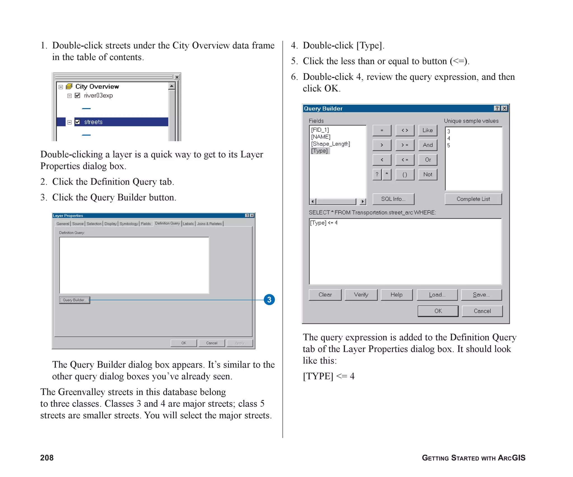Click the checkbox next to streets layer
[78, 122]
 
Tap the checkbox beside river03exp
[78, 96]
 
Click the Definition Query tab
[167, 223]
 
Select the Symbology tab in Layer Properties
[129, 224]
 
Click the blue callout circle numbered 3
[269, 300]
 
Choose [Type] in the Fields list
[319, 151]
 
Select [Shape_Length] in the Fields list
[330, 144]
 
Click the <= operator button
[405, 160]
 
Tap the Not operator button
[428, 175]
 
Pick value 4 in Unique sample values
[449, 138]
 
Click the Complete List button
[473, 199]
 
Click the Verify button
[361, 295]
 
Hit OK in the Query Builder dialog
[438, 311]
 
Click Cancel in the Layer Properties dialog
[212, 343]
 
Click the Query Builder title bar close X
[504, 108]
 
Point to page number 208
[47, 458]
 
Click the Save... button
[481, 295]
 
